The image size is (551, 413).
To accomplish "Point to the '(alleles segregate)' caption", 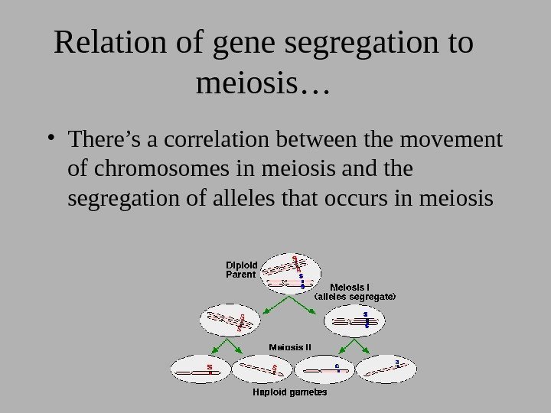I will click(356, 294).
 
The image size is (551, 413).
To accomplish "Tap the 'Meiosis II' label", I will click(289, 346).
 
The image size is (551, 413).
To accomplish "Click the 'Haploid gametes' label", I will click(290, 393).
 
